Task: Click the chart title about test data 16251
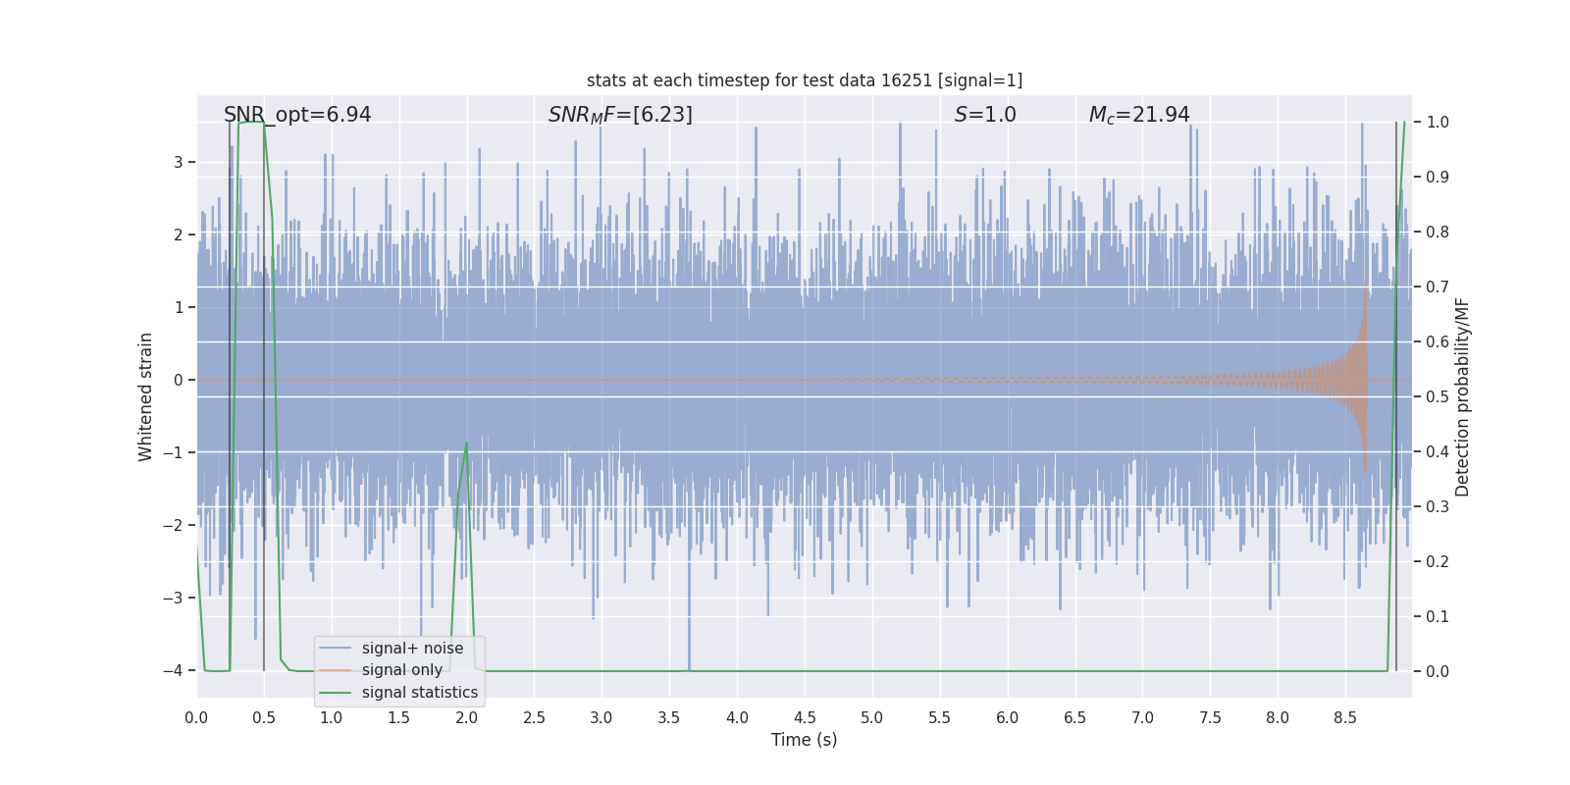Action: pyautogui.click(x=805, y=80)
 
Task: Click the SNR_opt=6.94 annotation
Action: pyautogui.click(x=297, y=115)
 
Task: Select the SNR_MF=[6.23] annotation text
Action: pyautogui.click(x=620, y=115)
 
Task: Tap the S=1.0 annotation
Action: pyautogui.click(x=985, y=115)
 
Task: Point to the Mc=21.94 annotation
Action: pyautogui.click(x=1139, y=115)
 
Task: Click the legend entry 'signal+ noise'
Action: pyautogui.click(x=412, y=649)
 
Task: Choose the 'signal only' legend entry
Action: pyautogui.click(x=402, y=670)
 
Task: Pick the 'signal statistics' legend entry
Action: pyautogui.click(x=420, y=693)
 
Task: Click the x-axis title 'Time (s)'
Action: pyautogui.click(x=805, y=740)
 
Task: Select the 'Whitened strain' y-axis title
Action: pyautogui.click(x=146, y=396)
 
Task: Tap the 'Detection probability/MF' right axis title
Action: pyautogui.click(x=1463, y=396)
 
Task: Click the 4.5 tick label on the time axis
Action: pyautogui.click(x=805, y=718)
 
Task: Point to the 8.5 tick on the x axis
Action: pyautogui.click(x=1345, y=718)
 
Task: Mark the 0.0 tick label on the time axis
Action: pyautogui.click(x=196, y=718)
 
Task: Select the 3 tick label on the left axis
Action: pyautogui.click(x=178, y=162)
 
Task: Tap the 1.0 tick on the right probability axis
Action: pyautogui.click(x=1438, y=123)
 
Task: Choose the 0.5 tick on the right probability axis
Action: pyautogui.click(x=1438, y=397)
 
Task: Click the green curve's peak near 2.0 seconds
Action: pyautogui.click(x=466, y=443)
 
